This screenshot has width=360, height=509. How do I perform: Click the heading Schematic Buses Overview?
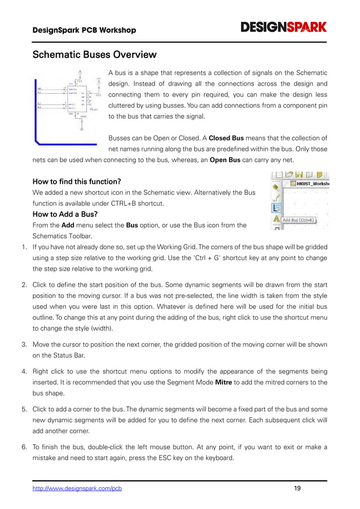click(x=94, y=55)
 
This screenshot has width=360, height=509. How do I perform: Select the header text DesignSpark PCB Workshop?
click(x=84, y=30)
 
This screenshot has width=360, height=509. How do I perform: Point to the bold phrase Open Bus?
click(x=226, y=160)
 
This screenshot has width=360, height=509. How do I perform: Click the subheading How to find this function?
click(x=77, y=182)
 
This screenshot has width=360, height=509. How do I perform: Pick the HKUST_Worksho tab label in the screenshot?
click(x=310, y=183)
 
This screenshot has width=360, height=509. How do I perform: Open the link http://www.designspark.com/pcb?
click(x=77, y=489)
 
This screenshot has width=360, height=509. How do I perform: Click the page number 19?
click(x=297, y=489)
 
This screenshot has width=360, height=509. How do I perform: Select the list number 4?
click(x=24, y=371)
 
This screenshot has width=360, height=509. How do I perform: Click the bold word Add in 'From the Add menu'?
click(x=68, y=225)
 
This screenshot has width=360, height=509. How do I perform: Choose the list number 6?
click(x=24, y=447)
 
